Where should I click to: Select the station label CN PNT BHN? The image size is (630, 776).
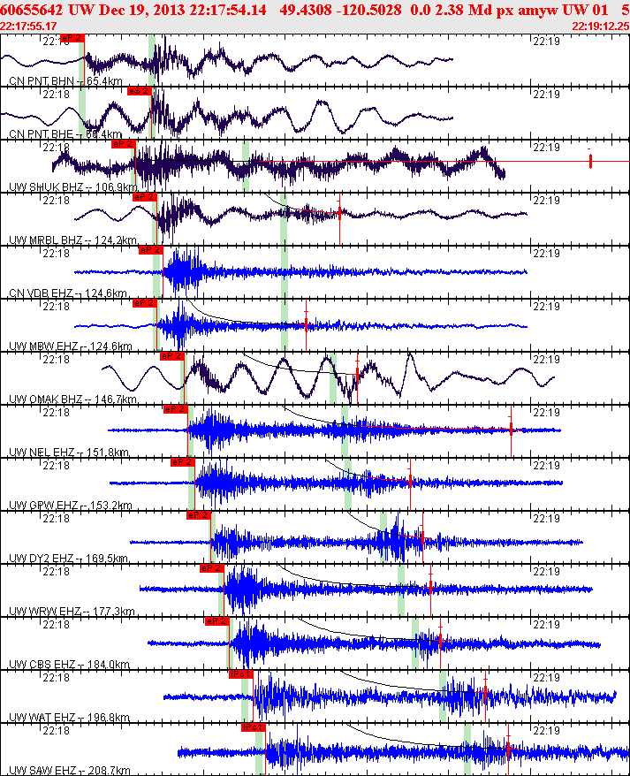tap(40, 81)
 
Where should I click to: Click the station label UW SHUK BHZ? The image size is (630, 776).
tap(44, 187)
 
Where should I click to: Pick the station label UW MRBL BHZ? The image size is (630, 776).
tap(44, 240)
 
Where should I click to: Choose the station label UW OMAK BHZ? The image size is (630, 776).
tap(45, 399)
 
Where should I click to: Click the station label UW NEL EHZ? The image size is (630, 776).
tap(41, 453)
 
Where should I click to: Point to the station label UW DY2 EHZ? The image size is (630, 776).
tap(41, 559)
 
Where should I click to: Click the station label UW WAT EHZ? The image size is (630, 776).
tap(41, 718)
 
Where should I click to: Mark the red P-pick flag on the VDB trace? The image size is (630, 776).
tap(151, 250)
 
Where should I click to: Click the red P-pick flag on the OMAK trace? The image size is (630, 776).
tap(171, 356)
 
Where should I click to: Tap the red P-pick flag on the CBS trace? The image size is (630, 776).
tap(216, 621)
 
